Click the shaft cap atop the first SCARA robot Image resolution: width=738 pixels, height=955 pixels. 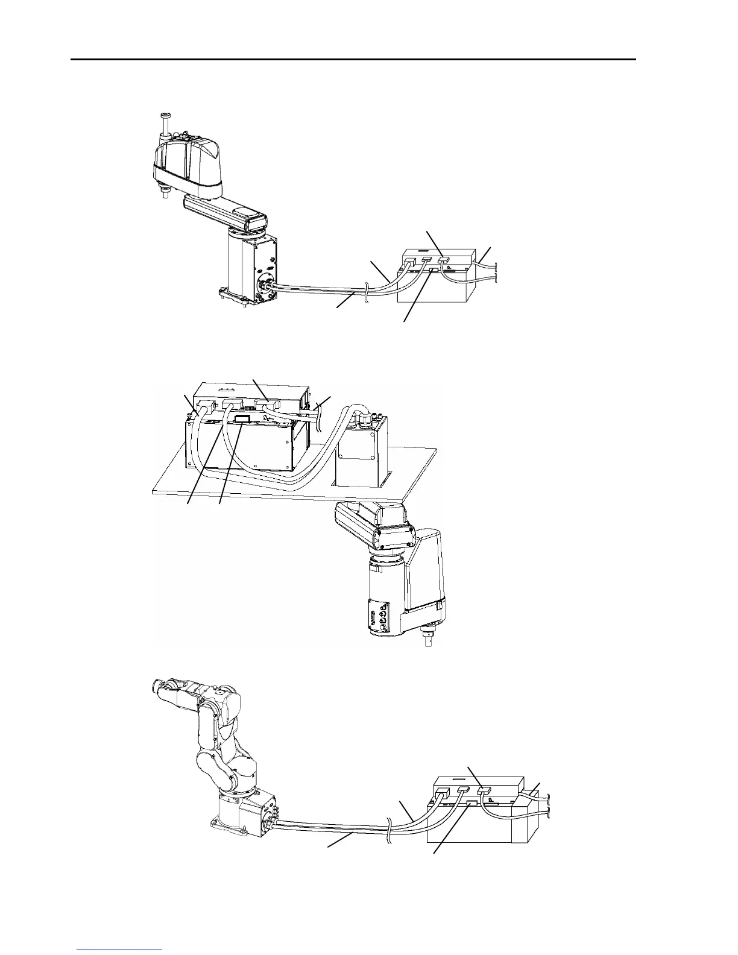point(165,115)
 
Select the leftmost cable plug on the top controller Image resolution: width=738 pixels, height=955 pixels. point(409,263)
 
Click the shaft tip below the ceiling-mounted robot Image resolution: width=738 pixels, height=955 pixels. point(427,640)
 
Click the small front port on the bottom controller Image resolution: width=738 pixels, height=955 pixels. point(472,804)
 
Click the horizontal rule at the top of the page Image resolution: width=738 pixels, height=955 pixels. point(353,60)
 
